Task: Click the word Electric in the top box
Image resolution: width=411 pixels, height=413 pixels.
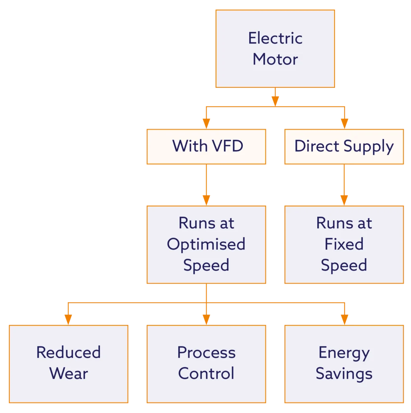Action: pyautogui.click(x=275, y=38)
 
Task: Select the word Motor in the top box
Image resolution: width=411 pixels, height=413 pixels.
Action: pyautogui.click(x=275, y=59)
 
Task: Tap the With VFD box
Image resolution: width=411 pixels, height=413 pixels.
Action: pyautogui.click(x=206, y=146)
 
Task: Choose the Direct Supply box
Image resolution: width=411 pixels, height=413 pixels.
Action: pyautogui.click(x=344, y=146)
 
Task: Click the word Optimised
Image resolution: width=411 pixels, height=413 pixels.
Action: pyautogui.click(x=206, y=244)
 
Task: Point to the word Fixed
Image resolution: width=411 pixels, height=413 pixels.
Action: pyautogui.click(x=344, y=244)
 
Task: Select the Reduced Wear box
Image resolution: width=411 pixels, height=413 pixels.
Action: pyautogui.click(x=68, y=363)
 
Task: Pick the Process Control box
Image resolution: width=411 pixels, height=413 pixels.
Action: pyautogui.click(x=206, y=363)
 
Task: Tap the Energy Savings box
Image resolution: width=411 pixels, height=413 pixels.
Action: pyautogui.click(x=344, y=363)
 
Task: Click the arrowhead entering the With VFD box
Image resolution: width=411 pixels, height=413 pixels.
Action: pyautogui.click(x=206, y=123)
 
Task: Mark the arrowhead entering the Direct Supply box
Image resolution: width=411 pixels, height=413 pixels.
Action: pyautogui.click(x=344, y=123)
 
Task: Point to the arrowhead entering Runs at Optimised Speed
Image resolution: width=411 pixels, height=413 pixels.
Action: pyautogui.click(x=206, y=200)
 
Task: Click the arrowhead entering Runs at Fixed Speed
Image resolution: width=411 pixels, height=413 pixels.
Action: pyautogui.click(x=344, y=200)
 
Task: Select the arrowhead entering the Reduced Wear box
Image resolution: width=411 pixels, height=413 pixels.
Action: pyautogui.click(x=68, y=319)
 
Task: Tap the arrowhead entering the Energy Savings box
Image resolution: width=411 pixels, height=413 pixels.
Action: pyautogui.click(x=344, y=319)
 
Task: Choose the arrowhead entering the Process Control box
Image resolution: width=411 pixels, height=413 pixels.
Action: pyautogui.click(x=206, y=319)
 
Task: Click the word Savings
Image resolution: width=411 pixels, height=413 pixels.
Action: pyautogui.click(x=344, y=373)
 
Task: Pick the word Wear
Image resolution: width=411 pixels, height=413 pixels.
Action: pyautogui.click(x=68, y=373)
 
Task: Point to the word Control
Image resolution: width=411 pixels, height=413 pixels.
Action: pyautogui.click(x=206, y=373)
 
